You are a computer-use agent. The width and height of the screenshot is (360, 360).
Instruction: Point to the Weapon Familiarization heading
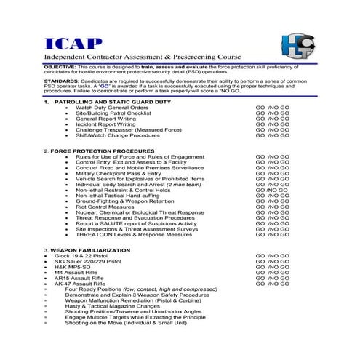click(81, 249)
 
